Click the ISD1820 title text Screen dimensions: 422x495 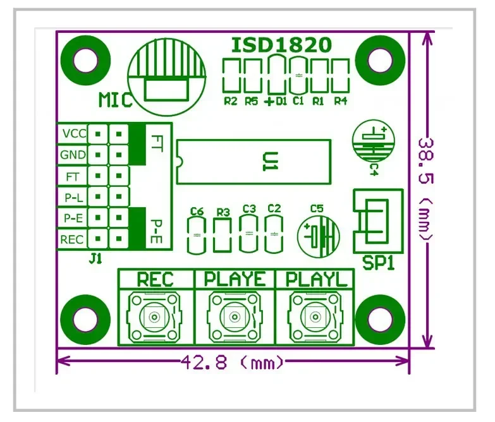point(281,45)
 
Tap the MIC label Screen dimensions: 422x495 point(115,100)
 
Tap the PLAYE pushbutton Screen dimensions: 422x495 point(234,316)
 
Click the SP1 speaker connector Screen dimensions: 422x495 point(377,221)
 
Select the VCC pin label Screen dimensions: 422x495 point(74,134)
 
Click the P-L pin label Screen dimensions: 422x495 point(74,197)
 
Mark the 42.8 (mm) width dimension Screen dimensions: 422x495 point(233,363)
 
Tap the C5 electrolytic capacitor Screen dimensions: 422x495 point(319,236)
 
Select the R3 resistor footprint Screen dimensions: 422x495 point(223,234)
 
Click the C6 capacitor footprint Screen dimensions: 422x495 point(197,234)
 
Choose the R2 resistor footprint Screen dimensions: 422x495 point(231,76)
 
